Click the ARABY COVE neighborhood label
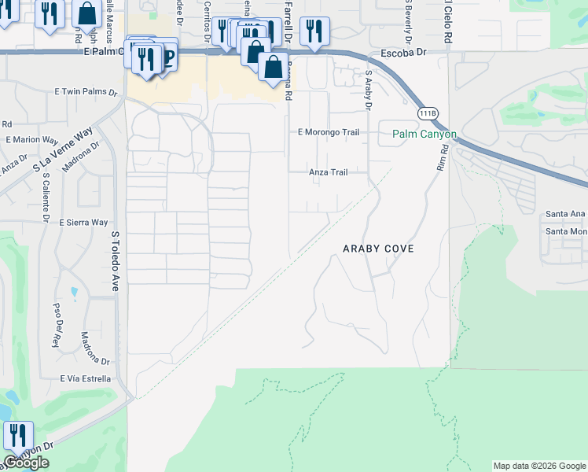[378, 248]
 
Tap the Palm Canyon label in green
[424, 135]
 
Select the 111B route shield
[427, 114]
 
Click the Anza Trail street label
[328, 171]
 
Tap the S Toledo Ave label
[115, 261]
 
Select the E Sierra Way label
[83, 223]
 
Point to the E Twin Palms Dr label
[88, 91]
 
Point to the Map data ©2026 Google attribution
[539, 466]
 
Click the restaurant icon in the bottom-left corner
[17, 435]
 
